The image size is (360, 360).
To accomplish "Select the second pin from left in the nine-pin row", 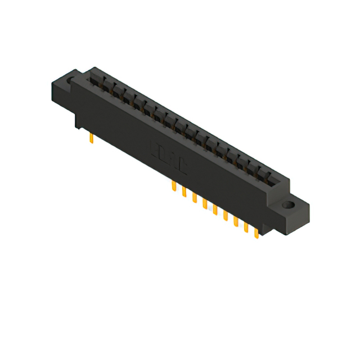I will [184, 192].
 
